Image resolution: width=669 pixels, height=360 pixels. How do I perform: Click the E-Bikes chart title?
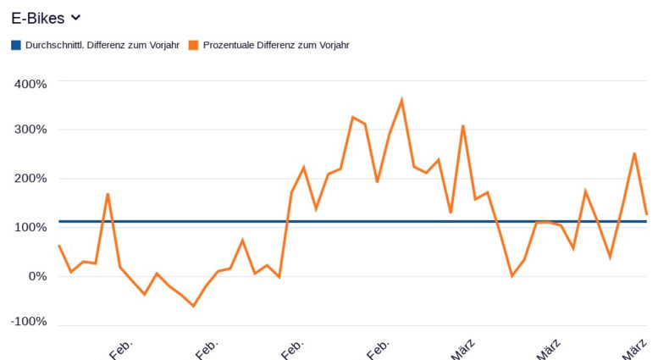pos(37,18)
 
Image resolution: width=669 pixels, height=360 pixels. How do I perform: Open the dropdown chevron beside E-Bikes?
pos(75,17)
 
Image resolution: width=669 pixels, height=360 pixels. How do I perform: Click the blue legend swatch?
pos(16,45)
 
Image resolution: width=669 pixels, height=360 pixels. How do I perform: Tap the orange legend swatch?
pos(194,45)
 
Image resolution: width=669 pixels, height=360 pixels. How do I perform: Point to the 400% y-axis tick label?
pos(30,83)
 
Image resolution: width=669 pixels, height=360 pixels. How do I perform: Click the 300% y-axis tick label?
pos(30,130)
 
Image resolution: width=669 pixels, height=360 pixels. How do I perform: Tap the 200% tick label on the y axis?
pos(30,179)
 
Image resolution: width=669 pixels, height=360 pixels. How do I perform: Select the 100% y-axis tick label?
pos(30,227)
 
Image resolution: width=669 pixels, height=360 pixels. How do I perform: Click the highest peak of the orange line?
pos(401,100)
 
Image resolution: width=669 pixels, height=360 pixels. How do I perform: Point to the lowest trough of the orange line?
pos(193,306)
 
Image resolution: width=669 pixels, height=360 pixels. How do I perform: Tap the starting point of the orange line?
pos(59,246)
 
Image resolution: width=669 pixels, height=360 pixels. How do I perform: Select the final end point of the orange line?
pos(646,213)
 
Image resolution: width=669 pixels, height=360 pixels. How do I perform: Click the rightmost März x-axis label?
pos(636,347)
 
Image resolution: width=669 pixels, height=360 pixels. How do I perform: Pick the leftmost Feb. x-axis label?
pos(121,348)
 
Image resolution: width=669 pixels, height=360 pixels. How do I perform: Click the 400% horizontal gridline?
pos(339,81)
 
